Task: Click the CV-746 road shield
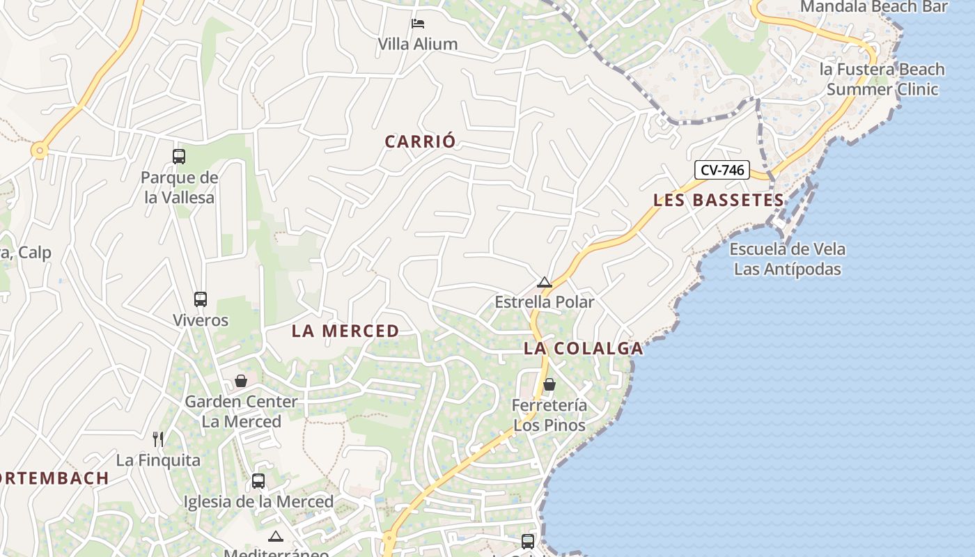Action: [721, 170]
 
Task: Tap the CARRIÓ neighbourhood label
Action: [421, 141]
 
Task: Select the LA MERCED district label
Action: [345, 331]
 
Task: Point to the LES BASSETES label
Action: [719, 201]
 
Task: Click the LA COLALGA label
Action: [583, 349]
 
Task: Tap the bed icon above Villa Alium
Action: [418, 24]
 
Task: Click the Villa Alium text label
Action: [418, 44]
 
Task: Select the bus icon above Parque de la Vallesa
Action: [179, 157]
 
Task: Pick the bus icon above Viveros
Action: [201, 299]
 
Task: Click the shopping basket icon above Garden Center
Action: [240, 381]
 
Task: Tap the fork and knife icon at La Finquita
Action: [158, 439]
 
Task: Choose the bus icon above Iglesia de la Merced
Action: [258, 481]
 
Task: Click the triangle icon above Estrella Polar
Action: [545, 283]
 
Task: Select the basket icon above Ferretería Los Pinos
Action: [549, 384]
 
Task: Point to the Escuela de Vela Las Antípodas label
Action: [788, 259]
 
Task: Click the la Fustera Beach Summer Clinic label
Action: [882, 79]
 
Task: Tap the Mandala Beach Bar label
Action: [874, 7]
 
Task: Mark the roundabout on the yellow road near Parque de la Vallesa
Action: [39, 150]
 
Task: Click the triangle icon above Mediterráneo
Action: [276, 536]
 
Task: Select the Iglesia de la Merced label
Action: [258, 501]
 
